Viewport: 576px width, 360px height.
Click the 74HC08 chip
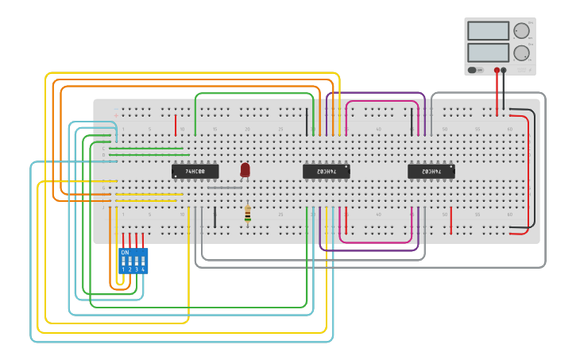pos(195,171)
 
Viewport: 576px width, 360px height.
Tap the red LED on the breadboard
pos(245,169)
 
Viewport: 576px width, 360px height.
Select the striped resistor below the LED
pos(247,213)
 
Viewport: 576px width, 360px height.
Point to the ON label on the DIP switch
pos(125,252)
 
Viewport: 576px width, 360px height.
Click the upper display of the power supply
pos(488,30)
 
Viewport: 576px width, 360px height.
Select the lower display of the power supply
pos(488,52)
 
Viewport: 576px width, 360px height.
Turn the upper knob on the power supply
pos(521,31)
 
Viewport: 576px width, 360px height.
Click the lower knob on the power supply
pos(521,53)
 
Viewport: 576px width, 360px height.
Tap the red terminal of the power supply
pos(497,70)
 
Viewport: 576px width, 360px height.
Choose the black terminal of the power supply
pos(504,70)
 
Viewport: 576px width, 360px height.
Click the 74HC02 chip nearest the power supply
pos(431,171)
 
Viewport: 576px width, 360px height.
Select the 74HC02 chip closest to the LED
pos(326,171)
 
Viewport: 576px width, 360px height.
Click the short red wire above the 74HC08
pos(176,125)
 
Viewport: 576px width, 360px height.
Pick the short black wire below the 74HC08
pos(215,218)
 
